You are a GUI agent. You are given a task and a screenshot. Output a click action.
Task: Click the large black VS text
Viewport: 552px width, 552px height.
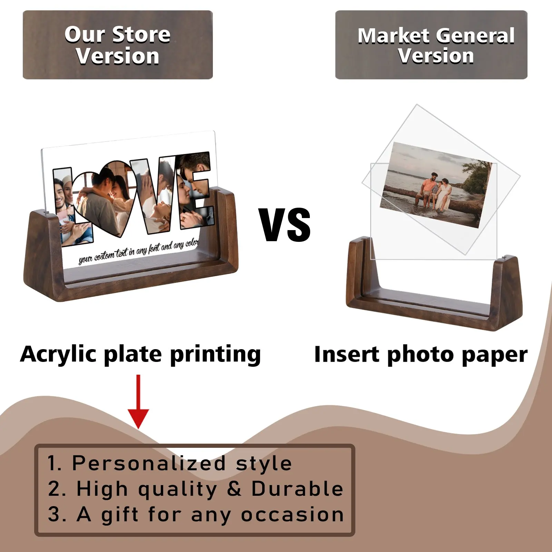pyautogui.click(x=285, y=225)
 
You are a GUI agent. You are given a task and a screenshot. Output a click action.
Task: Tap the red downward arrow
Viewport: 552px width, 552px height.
pyautogui.click(x=138, y=402)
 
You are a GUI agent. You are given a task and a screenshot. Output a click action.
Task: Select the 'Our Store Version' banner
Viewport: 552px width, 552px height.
pyautogui.click(x=118, y=45)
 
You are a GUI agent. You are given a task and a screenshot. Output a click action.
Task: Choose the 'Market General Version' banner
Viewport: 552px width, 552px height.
pyautogui.click(x=431, y=45)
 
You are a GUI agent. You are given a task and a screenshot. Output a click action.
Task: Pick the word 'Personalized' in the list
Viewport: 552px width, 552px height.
pyautogui.click(x=149, y=463)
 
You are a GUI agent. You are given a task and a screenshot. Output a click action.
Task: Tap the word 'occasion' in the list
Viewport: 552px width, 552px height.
pyautogui.click(x=293, y=515)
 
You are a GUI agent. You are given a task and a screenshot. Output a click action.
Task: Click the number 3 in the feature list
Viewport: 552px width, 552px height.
pyautogui.click(x=54, y=514)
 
